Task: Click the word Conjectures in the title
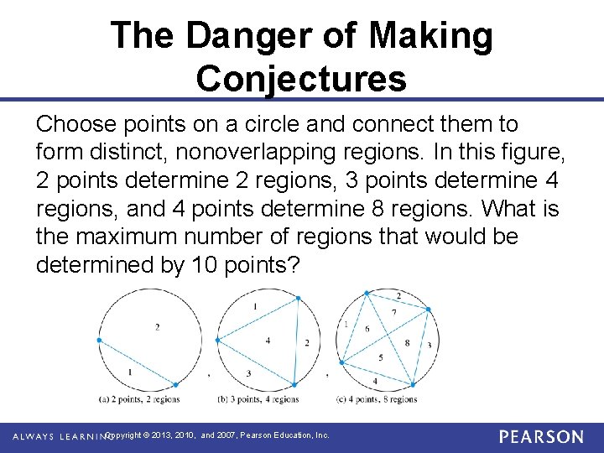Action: click(301, 79)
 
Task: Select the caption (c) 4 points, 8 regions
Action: click(377, 399)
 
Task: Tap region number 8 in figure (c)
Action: click(408, 342)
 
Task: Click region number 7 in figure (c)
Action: click(395, 313)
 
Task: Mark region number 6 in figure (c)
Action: click(367, 329)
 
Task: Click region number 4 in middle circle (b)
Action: click(268, 340)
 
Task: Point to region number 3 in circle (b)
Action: click(248, 373)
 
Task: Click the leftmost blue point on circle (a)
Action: click(99, 340)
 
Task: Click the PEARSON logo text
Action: click(541, 437)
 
